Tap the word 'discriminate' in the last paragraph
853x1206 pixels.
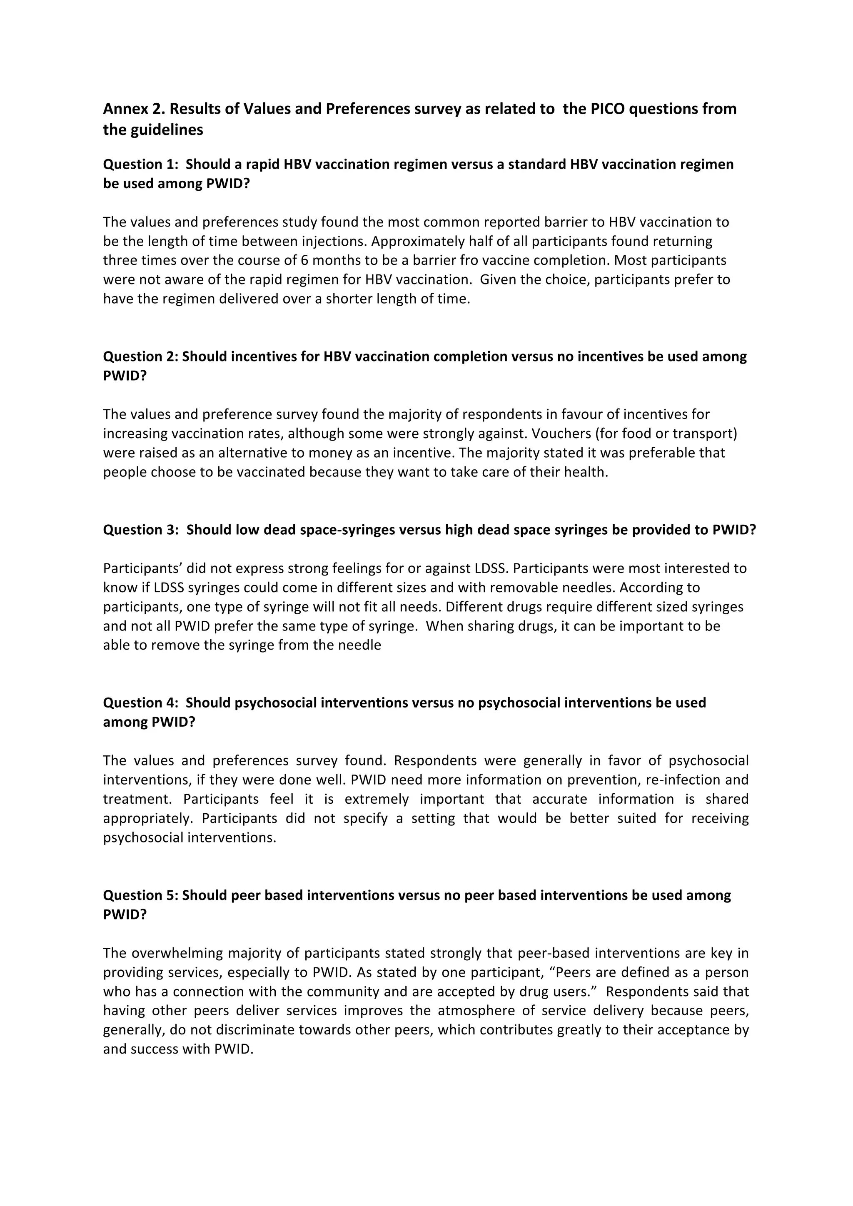point(256,1030)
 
